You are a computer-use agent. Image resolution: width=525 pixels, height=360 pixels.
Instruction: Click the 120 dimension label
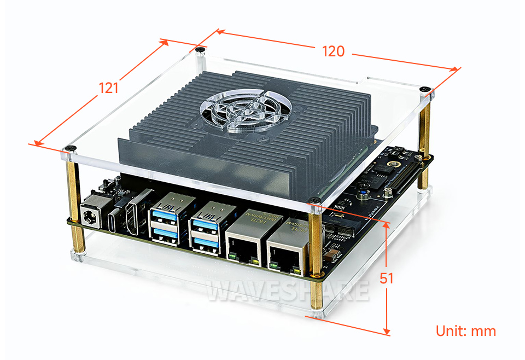[x=333, y=51]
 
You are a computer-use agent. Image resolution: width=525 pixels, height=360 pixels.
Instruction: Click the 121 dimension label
[x=109, y=88]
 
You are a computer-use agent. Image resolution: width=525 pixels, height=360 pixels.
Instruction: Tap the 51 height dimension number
[x=386, y=278]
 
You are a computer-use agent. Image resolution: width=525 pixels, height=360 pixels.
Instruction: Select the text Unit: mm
[x=466, y=331]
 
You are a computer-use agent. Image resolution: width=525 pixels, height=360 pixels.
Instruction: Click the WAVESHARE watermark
[x=288, y=290]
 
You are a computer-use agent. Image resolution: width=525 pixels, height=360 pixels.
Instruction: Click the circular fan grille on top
[x=246, y=110]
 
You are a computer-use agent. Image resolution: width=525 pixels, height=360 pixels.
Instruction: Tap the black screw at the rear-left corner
[x=200, y=50]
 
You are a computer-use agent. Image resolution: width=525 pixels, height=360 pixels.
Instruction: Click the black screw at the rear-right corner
[x=425, y=89]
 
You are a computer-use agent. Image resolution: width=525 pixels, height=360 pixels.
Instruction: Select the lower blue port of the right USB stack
[x=206, y=242]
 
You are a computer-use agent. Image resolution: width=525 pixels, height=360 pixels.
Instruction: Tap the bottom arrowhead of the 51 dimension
[x=387, y=332]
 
